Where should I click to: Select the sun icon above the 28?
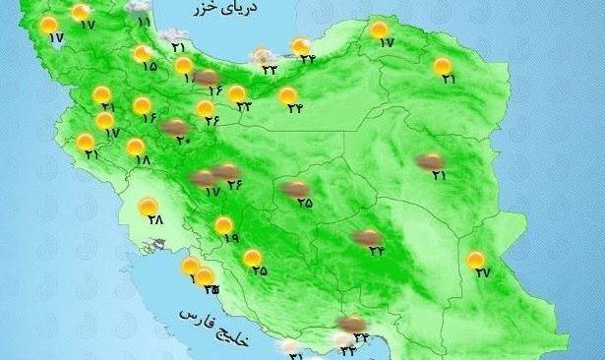click(x=149, y=207)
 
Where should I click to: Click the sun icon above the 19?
click(x=225, y=223)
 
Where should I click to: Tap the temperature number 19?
click(x=231, y=238)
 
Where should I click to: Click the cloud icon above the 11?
click(x=143, y=8)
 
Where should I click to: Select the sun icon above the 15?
click(x=143, y=53)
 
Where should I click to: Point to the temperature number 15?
click(x=150, y=67)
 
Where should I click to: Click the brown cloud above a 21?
click(x=429, y=161)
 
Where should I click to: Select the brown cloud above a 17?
click(x=202, y=178)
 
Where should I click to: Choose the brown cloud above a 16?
click(x=207, y=78)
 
